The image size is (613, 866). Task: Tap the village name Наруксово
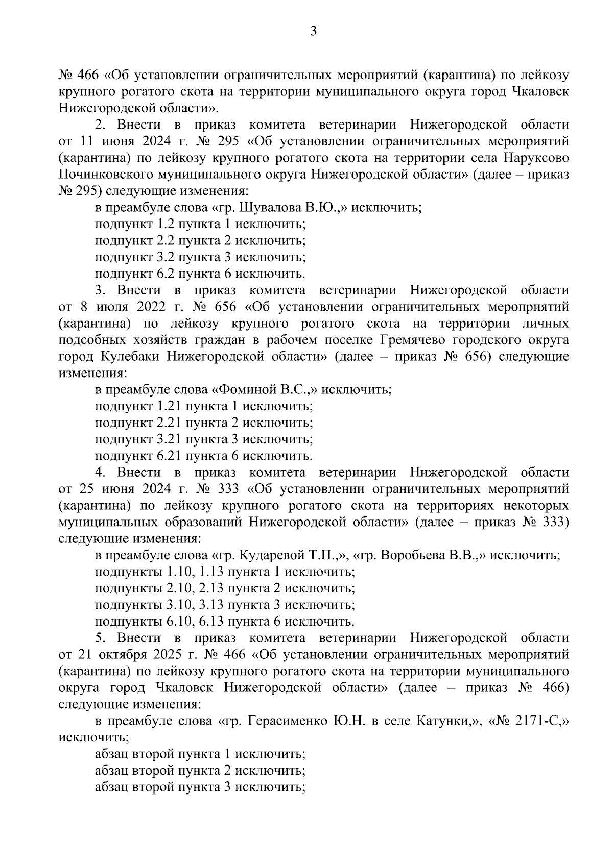pos(536,158)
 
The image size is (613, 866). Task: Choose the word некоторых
pos(536,506)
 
